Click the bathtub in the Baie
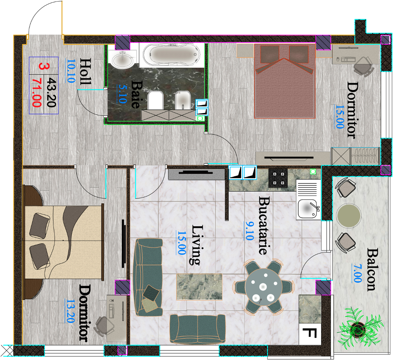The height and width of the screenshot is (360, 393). tap(171, 54)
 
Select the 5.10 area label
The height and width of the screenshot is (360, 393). tap(122, 93)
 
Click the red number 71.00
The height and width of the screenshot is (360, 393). tap(37, 93)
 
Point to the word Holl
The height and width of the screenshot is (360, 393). tap(85, 71)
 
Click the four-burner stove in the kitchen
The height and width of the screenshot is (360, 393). tap(278, 178)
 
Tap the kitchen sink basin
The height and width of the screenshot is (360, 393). tap(308, 209)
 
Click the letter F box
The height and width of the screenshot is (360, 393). tap(310, 334)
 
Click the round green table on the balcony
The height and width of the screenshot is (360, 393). tap(349, 216)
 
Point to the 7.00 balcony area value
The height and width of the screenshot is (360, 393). tap(357, 273)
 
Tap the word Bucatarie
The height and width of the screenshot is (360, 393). tap(264, 225)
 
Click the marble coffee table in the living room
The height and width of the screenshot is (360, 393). tap(199, 287)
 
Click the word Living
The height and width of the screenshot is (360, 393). tap(197, 245)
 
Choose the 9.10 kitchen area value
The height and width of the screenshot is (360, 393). tap(249, 231)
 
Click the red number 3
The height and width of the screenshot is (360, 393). tap(44, 66)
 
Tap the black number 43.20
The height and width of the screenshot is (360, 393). tap(51, 93)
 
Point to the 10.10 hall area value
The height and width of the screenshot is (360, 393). tap(71, 71)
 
